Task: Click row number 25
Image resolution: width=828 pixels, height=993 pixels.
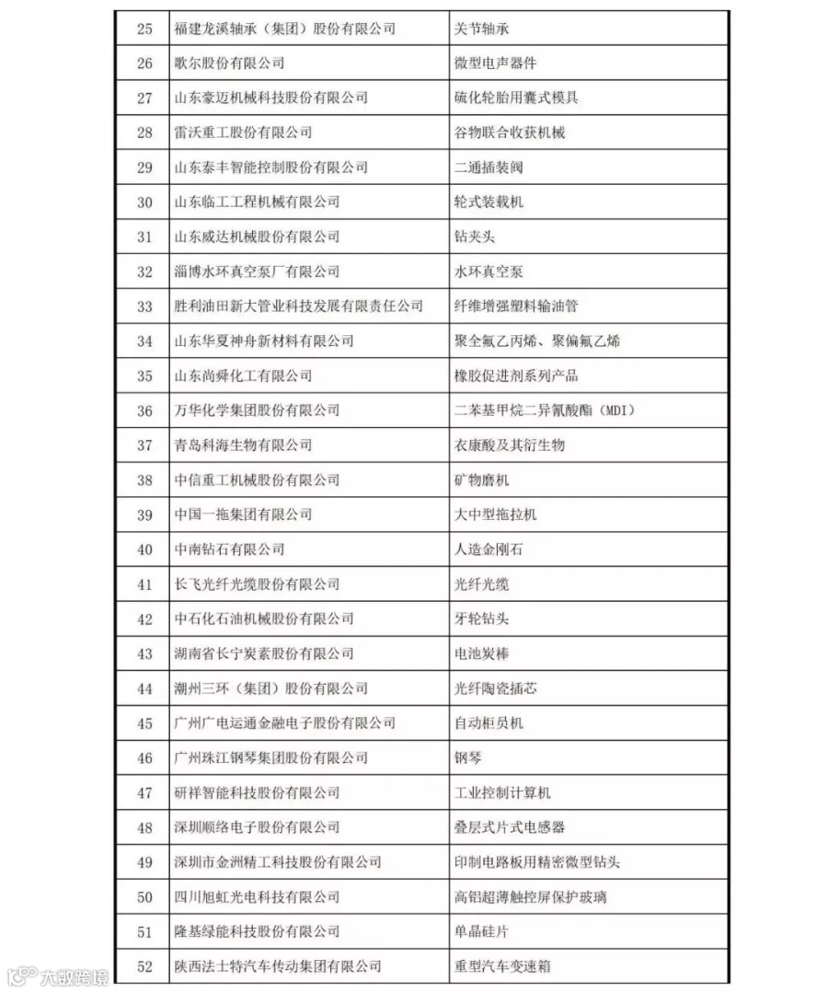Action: (x=144, y=29)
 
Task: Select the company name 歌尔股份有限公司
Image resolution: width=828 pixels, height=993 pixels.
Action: (x=229, y=64)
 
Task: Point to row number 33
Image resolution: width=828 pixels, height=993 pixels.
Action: (x=144, y=306)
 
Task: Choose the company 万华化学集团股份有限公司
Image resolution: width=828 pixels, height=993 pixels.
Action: (x=257, y=410)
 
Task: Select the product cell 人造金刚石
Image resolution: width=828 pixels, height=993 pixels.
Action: (x=489, y=549)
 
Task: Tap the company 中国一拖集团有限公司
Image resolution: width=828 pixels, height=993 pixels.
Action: (x=243, y=514)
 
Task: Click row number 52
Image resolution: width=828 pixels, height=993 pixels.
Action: (x=144, y=966)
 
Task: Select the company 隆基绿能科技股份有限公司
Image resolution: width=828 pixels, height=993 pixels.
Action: (x=257, y=931)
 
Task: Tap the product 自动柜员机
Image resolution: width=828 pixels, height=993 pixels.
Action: (x=489, y=723)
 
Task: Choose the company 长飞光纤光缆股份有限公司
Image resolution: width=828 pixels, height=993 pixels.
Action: (x=257, y=584)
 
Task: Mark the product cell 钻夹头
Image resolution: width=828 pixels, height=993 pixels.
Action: (x=475, y=237)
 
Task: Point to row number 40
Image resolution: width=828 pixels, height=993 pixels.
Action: (x=144, y=549)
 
